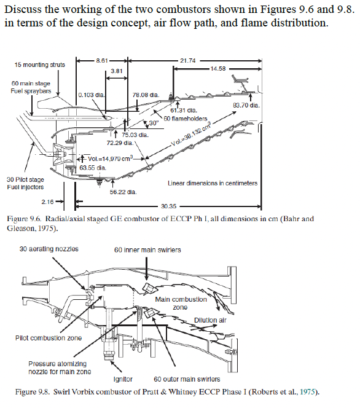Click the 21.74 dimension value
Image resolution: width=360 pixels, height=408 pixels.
[189, 60]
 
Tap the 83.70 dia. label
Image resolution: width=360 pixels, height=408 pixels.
[245, 105]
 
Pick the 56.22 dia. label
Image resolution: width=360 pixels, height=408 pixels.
[122, 191]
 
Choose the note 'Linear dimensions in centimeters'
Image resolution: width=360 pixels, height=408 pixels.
[212, 183]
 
